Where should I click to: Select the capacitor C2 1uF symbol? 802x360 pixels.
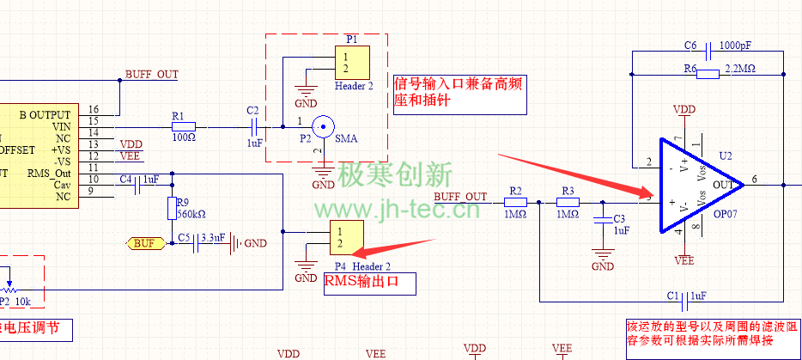pos(255,127)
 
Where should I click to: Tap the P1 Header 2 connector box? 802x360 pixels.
pos(352,63)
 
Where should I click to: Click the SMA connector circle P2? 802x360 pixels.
pos(323,127)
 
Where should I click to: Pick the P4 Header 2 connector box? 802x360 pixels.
pos(346,237)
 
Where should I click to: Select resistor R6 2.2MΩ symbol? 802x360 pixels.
pos(708,74)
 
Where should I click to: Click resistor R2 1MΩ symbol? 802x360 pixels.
pos(515,203)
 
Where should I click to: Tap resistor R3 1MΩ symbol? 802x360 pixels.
pos(568,203)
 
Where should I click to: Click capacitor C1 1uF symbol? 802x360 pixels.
pos(685,302)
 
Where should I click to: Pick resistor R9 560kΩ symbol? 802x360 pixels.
pos(174,207)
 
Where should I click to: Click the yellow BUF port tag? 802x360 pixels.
pos(145,243)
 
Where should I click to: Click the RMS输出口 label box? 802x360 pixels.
pos(369,284)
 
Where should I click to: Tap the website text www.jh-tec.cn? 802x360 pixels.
pos(398,211)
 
